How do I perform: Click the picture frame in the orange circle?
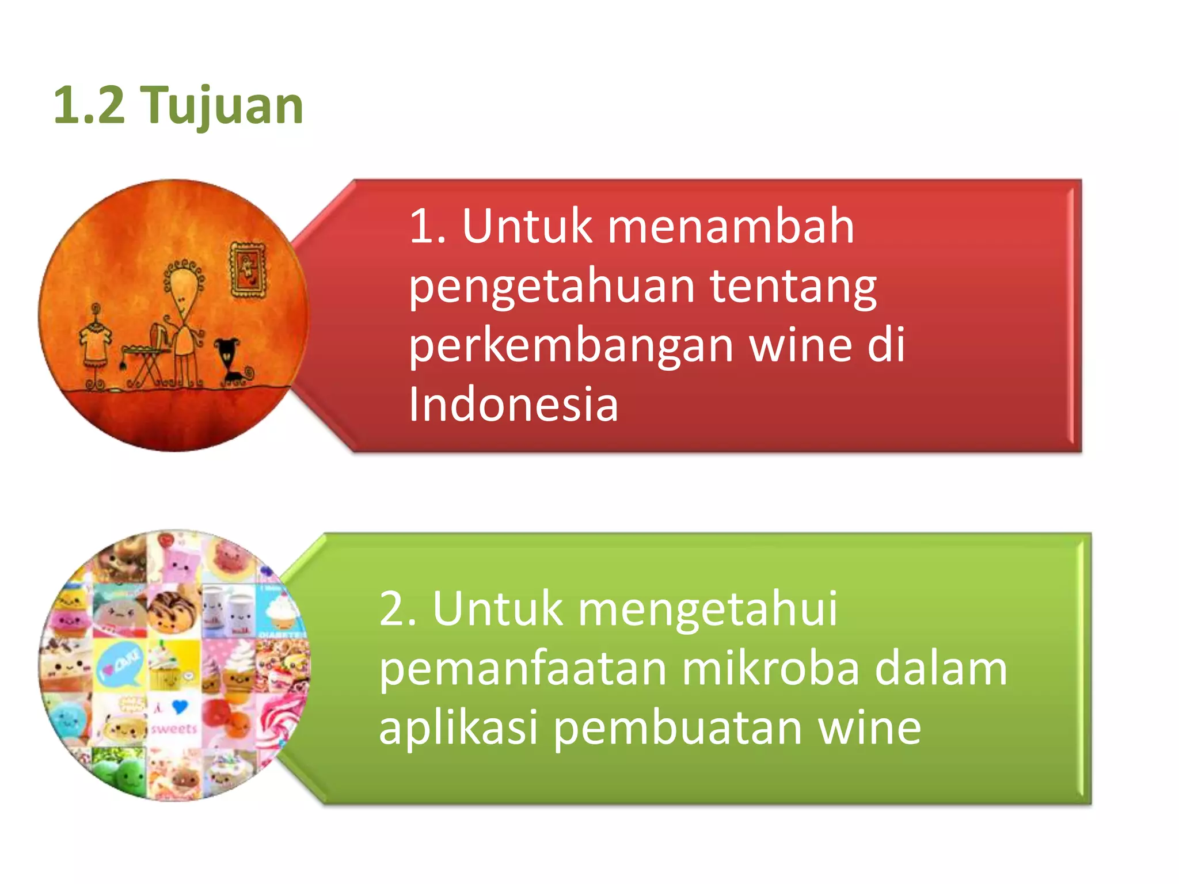pyautogui.click(x=248, y=270)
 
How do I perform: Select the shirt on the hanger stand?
pyautogui.click(x=95, y=340)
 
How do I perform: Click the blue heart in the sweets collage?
pyautogui.click(x=180, y=706)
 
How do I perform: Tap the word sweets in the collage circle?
pyautogui.click(x=174, y=729)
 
